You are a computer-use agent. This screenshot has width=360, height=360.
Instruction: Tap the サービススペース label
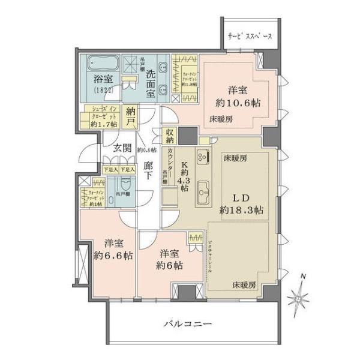251,37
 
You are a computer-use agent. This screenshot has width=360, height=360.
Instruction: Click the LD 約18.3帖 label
242,204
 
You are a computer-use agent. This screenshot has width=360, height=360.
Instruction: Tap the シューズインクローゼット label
103,115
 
